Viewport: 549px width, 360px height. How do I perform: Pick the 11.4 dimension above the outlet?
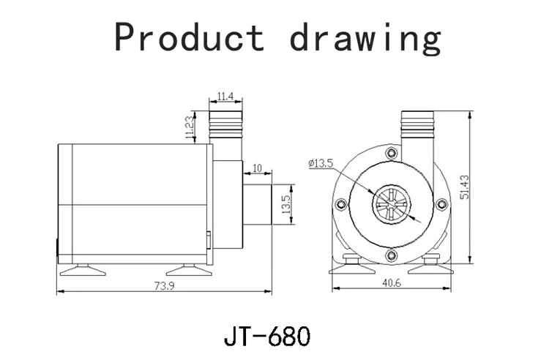[x=225, y=96]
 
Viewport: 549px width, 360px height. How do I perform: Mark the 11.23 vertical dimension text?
[x=188, y=127]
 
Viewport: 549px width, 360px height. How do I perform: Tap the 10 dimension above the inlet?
[x=256, y=168]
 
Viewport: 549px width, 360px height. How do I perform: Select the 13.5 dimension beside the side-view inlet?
[x=287, y=200]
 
